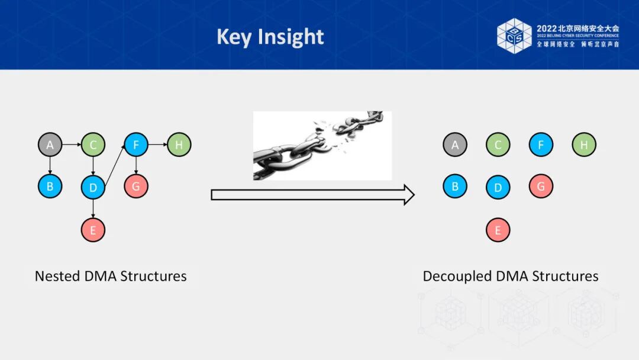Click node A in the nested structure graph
50,144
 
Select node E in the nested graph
93,230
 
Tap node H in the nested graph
179,144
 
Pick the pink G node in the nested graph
136,187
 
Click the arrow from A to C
71,144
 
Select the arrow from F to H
157,144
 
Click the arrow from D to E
93,208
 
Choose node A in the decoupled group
455,144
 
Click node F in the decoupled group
541,144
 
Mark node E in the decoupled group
498,230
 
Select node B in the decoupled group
455,187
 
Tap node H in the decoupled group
584,144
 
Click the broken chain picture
322,146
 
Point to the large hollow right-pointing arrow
312,194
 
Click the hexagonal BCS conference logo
514,36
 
